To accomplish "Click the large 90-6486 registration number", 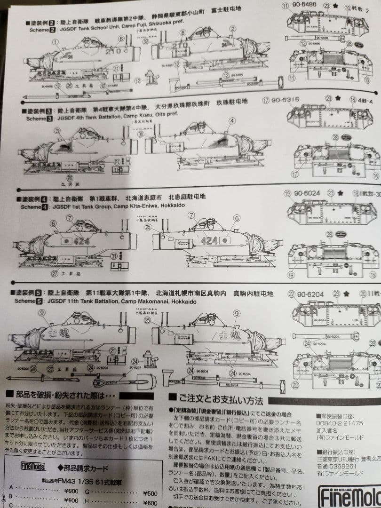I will tap(306, 6).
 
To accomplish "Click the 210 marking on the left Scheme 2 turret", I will tap(113, 50).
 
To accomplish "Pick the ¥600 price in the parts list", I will tap(150, 502).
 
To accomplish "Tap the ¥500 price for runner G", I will tap(150, 493).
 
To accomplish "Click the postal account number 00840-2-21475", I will tap(340, 423).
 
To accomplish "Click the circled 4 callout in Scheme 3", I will tap(232, 121).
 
